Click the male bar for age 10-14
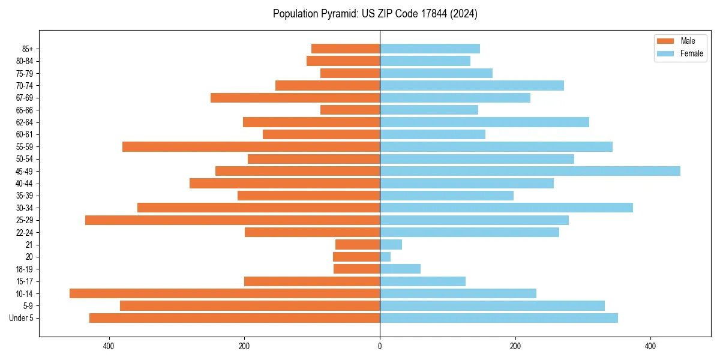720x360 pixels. pos(224,293)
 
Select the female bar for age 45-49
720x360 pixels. pos(530,171)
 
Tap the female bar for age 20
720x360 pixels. pos(385,257)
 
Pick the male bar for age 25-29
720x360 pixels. pos(232,220)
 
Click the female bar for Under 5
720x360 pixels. pos(499,318)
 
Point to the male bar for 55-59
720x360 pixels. pos(251,146)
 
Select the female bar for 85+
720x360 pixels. pos(430,49)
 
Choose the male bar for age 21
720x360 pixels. pos(358,245)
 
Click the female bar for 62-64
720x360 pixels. pos(484,122)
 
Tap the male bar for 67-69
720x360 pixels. pos(295,98)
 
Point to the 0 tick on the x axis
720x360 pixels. pos(380,346)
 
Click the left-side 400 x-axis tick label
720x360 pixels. pos(109,346)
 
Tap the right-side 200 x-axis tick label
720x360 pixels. pos(515,346)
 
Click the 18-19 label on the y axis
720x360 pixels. pos(25,269)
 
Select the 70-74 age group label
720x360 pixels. pos(25,86)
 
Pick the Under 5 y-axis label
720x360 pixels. pos(22,318)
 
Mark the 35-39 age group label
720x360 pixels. pos(25,196)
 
